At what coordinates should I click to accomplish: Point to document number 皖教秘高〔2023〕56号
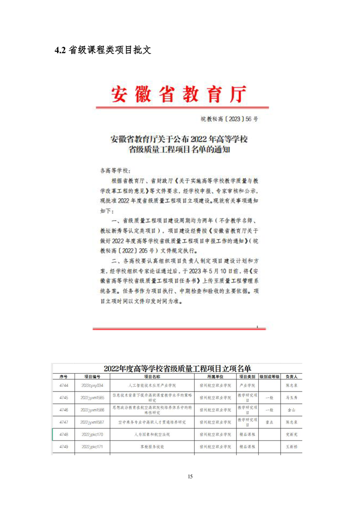click(x=229, y=119)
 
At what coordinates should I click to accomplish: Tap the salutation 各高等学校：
click(x=114, y=171)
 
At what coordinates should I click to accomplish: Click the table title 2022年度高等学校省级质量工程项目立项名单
click(x=178, y=368)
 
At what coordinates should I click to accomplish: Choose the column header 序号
click(x=64, y=377)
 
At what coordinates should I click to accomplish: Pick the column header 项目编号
click(x=92, y=377)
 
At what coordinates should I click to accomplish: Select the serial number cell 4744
click(x=64, y=385)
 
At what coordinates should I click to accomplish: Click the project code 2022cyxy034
click(x=92, y=385)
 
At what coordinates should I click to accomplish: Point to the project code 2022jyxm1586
click(x=92, y=410)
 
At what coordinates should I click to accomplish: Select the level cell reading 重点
click(x=269, y=422)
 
